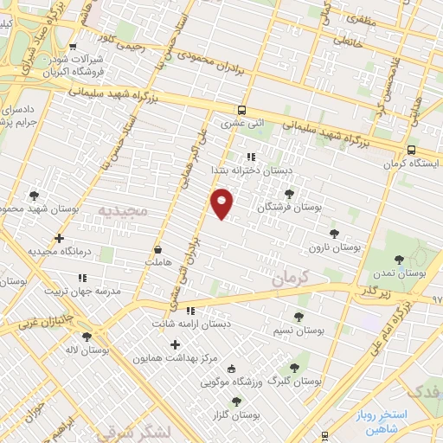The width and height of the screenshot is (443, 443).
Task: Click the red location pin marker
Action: tap(223, 202)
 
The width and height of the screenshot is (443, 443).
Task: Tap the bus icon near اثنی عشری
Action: tap(242, 110)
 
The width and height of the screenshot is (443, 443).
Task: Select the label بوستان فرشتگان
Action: tap(289, 209)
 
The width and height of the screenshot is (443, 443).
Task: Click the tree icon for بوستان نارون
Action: tap(334, 233)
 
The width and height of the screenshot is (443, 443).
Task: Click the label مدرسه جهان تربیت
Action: tap(82, 292)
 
